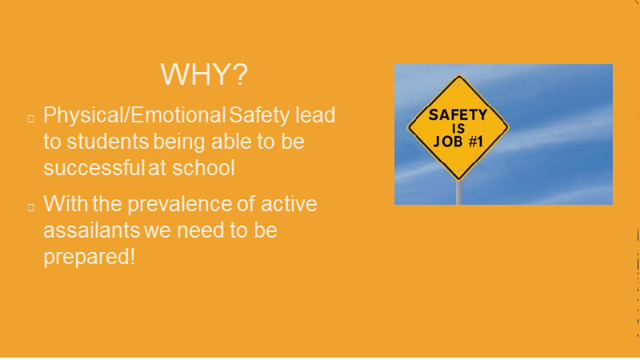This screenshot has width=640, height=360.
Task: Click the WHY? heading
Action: point(204,74)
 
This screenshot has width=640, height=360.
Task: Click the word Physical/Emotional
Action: point(134,115)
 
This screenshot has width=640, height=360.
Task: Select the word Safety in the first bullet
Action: point(259,115)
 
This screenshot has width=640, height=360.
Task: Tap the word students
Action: point(107,142)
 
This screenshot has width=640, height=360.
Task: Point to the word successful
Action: point(94,168)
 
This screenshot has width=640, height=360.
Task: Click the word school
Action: point(203,168)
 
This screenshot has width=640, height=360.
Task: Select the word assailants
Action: point(92,230)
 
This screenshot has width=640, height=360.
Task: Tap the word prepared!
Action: point(89,258)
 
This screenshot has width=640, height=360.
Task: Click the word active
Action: point(289,204)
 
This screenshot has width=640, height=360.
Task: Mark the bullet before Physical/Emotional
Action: point(31,118)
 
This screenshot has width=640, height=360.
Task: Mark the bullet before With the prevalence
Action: point(31,207)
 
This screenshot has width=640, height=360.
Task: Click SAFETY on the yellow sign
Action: point(458,115)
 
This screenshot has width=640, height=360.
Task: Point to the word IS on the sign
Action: point(458,129)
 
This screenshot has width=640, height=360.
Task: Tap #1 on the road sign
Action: point(475,142)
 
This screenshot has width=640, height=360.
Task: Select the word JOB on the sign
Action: point(448,142)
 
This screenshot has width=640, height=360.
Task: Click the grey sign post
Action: point(458,193)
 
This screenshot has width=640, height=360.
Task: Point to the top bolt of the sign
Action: point(459,84)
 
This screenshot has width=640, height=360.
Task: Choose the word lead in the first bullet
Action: point(315,114)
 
